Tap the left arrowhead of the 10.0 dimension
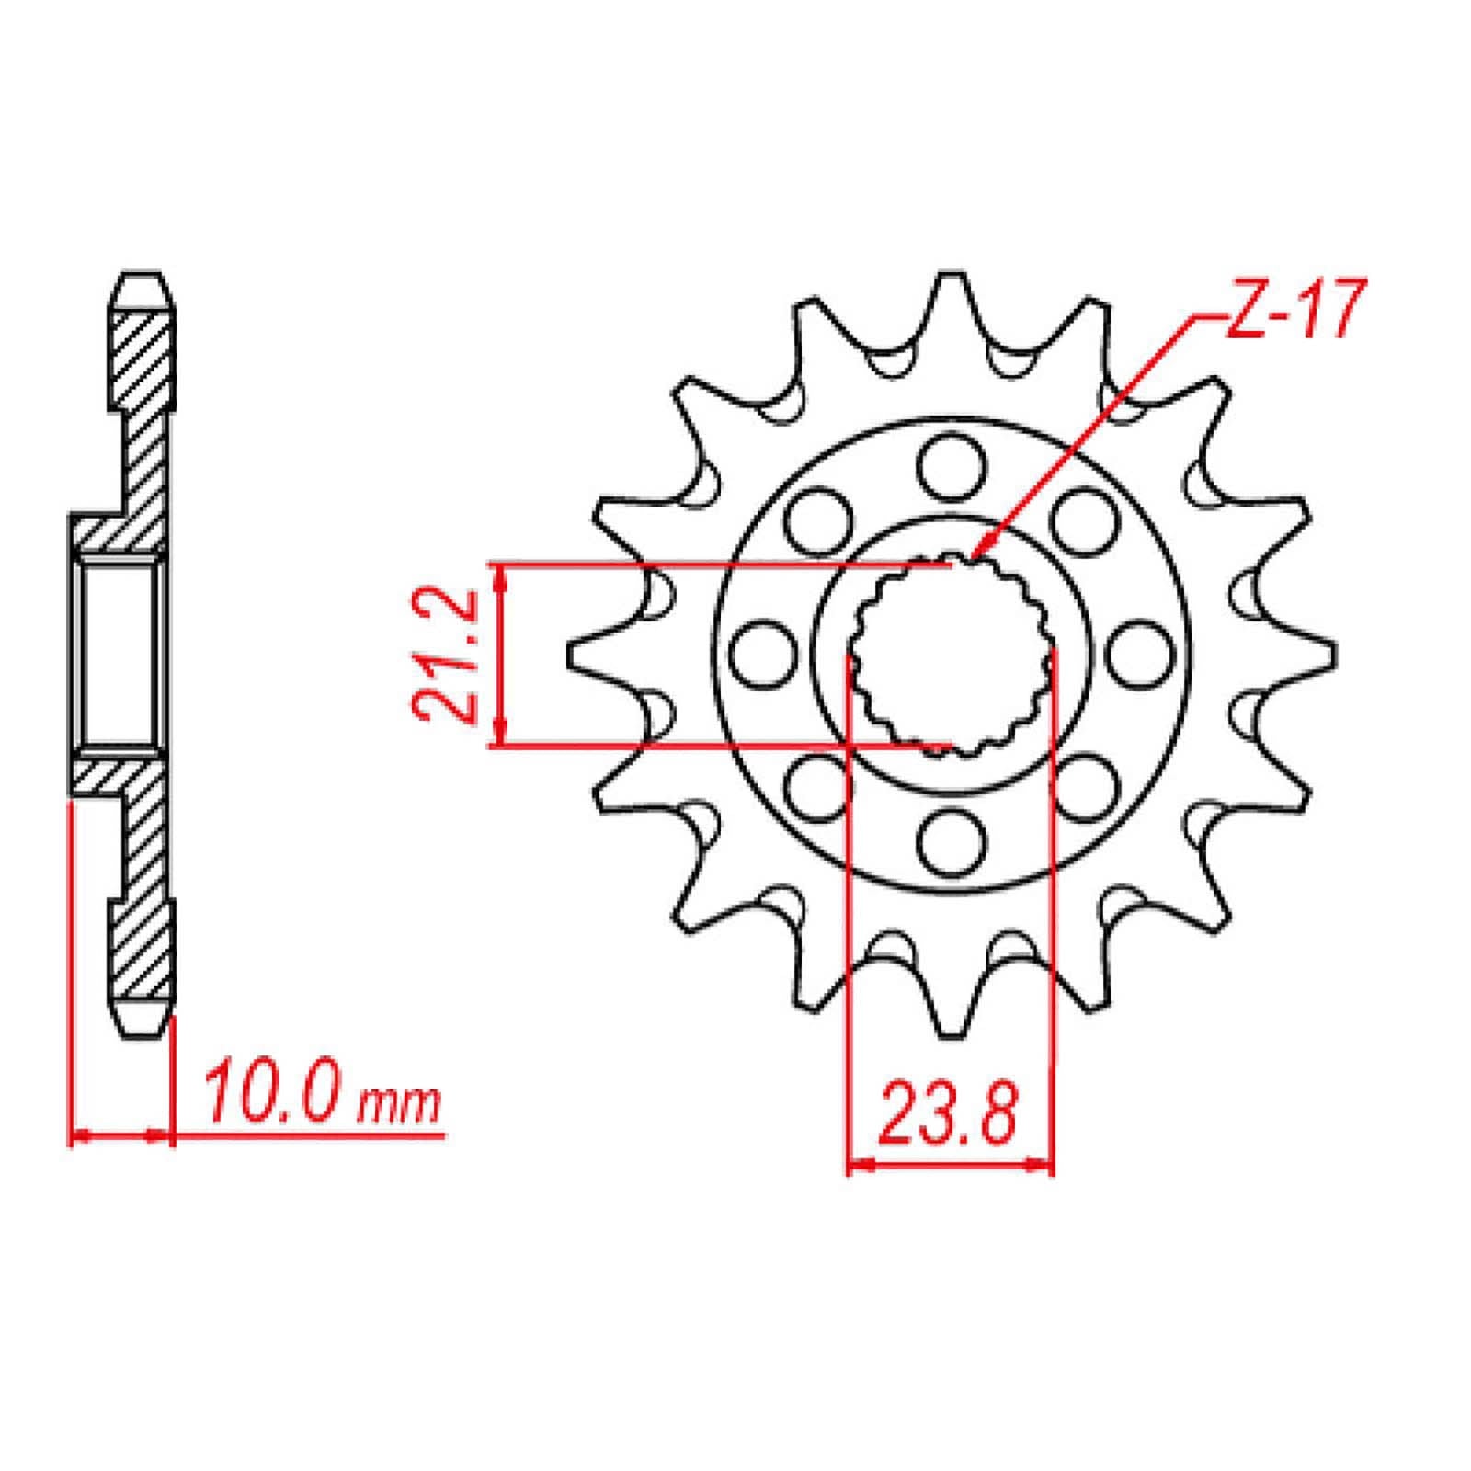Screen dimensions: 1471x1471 point(78,1137)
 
